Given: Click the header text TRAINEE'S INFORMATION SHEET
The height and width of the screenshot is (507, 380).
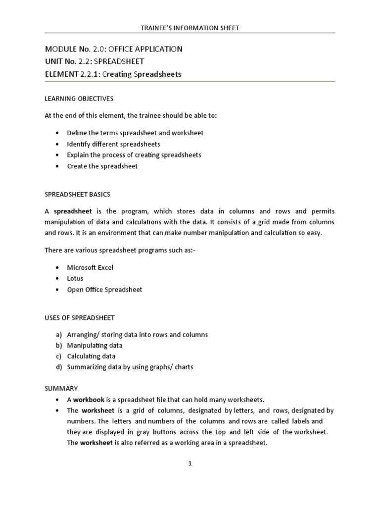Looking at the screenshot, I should pyautogui.click(x=190, y=28).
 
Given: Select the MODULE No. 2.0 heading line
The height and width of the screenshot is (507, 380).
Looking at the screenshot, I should pyautogui.click(x=113, y=49).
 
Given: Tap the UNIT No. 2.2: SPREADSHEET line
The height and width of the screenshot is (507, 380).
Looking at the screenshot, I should pyautogui.click(x=95, y=61).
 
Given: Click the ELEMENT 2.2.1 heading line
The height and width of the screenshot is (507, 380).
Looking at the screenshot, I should pyautogui.click(x=113, y=74).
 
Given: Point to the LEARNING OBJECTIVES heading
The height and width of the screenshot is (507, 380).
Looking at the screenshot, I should pyautogui.click(x=79, y=99).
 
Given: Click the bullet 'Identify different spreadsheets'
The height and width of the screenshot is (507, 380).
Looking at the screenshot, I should pyautogui.click(x=113, y=144).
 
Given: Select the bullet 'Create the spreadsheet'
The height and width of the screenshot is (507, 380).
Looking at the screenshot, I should pyautogui.click(x=102, y=166).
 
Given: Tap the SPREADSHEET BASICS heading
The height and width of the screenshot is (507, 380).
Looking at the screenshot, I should pyautogui.click(x=77, y=194).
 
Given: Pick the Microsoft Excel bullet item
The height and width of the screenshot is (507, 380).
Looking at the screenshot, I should pyautogui.click(x=90, y=267).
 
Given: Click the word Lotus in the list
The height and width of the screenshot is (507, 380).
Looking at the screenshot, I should pyautogui.click(x=75, y=278).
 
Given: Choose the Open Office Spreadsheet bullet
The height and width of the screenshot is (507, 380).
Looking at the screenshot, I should pyautogui.click(x=104, y=290).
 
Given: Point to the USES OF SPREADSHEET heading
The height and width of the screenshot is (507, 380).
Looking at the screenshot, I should pyautogui.click(x=79, y=317).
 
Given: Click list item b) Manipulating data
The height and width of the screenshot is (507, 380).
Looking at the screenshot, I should pyautogui.click(x=95, y=346).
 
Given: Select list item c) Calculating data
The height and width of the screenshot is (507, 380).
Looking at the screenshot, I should pyautogui.click(x=91, y=356).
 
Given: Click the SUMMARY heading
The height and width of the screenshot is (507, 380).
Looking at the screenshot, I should pyautogui.click(x=61, y=389).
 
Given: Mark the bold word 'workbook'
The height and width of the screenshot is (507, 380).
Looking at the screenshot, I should pyautogui.click(x=89, y=399).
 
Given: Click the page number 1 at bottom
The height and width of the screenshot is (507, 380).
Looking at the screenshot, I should pyautogui.click(x=190, y=463).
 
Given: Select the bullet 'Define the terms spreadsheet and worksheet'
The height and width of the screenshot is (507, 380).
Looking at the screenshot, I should pyautogui.click(x=135, y=133).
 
